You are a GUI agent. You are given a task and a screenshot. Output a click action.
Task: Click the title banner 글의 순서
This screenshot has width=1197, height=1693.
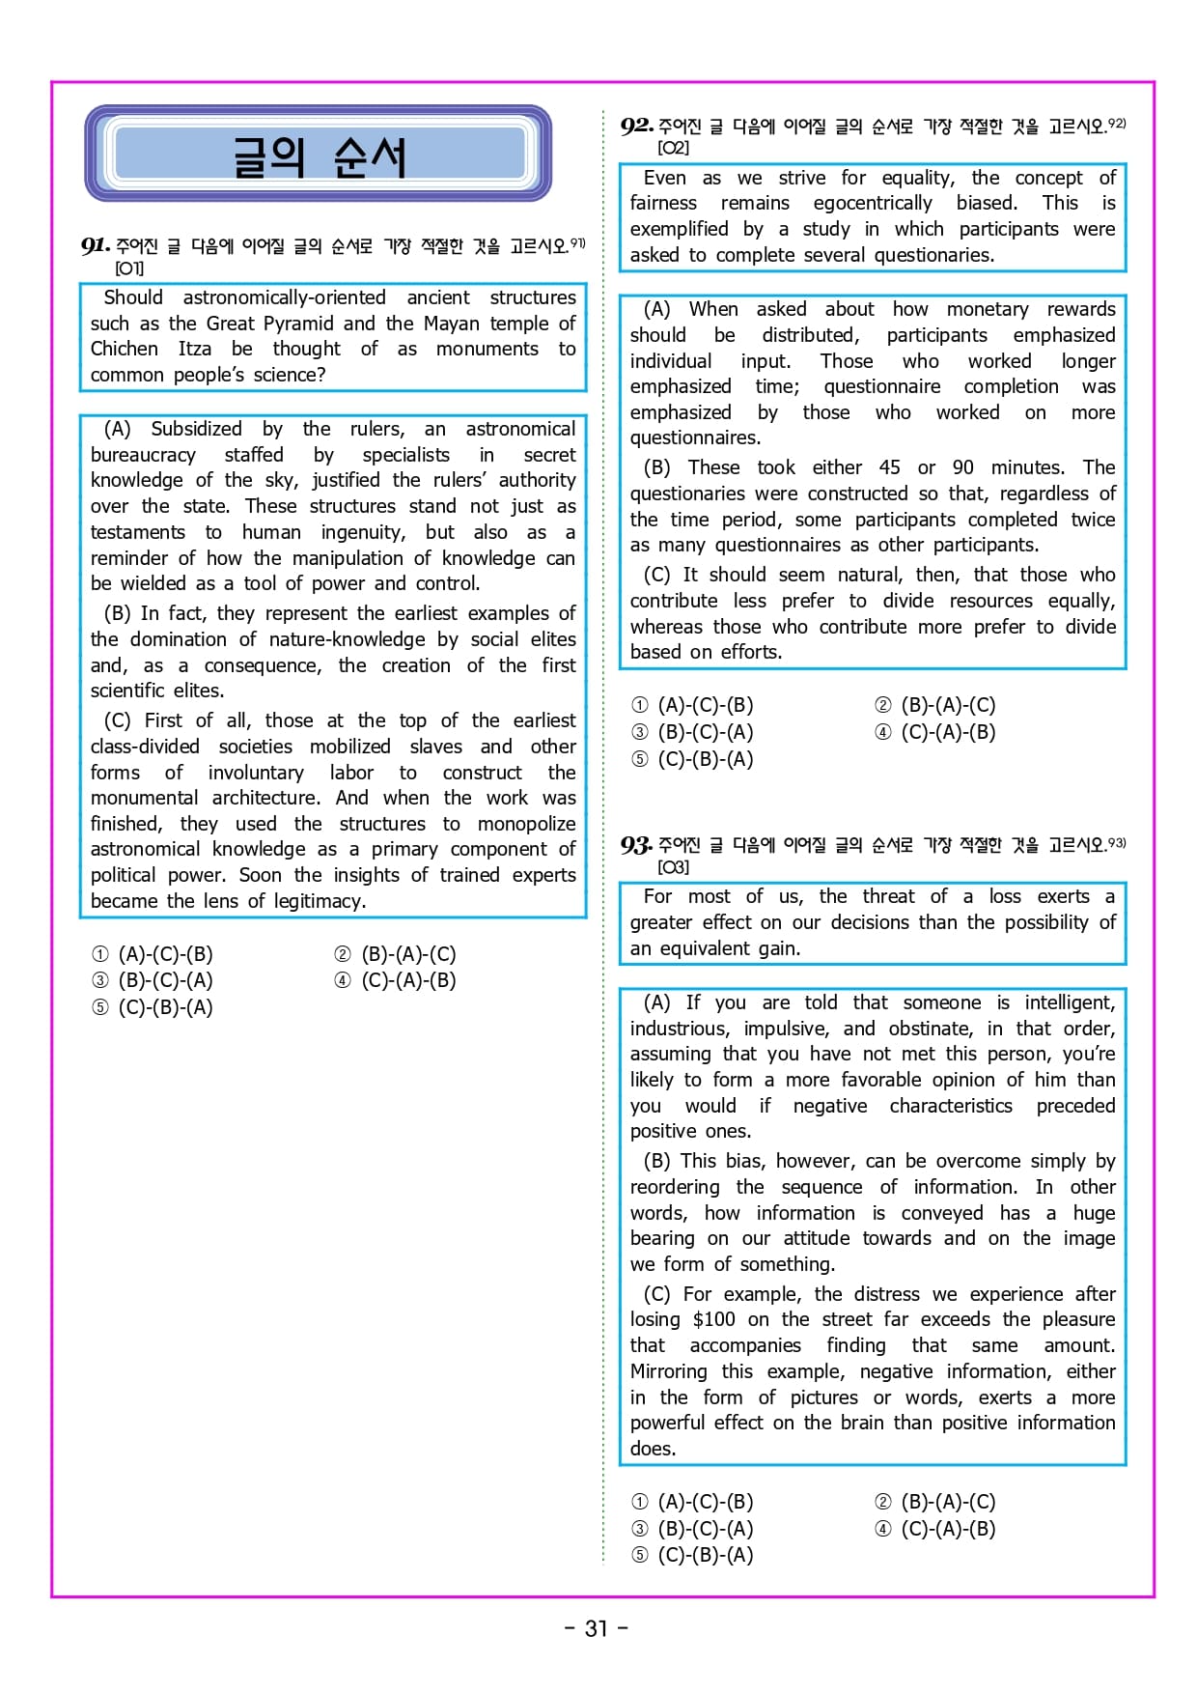(319, 155)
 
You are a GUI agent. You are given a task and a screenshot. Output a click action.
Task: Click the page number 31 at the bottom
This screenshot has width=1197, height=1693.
(597, 1628)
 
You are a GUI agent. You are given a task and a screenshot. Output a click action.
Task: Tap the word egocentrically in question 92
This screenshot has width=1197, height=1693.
(873, 203)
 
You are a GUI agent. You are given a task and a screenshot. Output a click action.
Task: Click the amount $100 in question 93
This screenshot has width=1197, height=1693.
(713, 1319)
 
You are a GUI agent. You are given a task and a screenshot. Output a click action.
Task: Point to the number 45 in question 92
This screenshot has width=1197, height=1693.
(889, 467)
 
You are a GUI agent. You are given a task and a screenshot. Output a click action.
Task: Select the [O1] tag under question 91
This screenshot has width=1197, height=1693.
(129, 268)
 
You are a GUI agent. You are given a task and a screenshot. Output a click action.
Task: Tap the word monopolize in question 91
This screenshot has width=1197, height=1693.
(526, 824)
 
